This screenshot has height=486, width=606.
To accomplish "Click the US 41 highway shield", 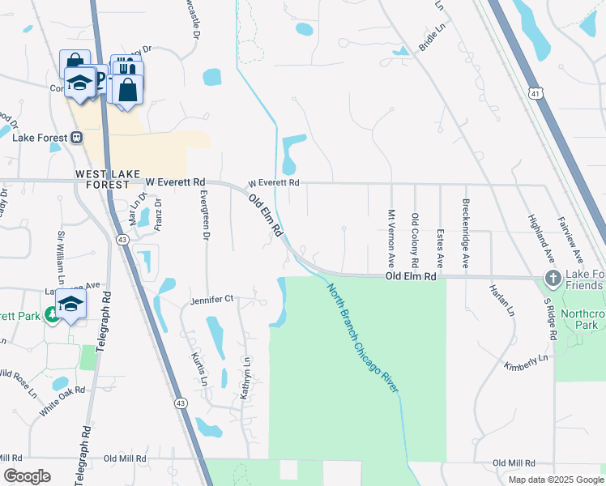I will pos(536,92).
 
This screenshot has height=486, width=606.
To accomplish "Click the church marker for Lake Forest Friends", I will pos(553,279).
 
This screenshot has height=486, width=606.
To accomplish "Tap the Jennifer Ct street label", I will pos(211,299).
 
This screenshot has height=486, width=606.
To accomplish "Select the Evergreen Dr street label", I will pos(204,214).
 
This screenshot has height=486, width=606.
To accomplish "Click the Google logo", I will pos(27,476).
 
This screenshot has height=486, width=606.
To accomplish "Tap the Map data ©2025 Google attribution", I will pos(555,480).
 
